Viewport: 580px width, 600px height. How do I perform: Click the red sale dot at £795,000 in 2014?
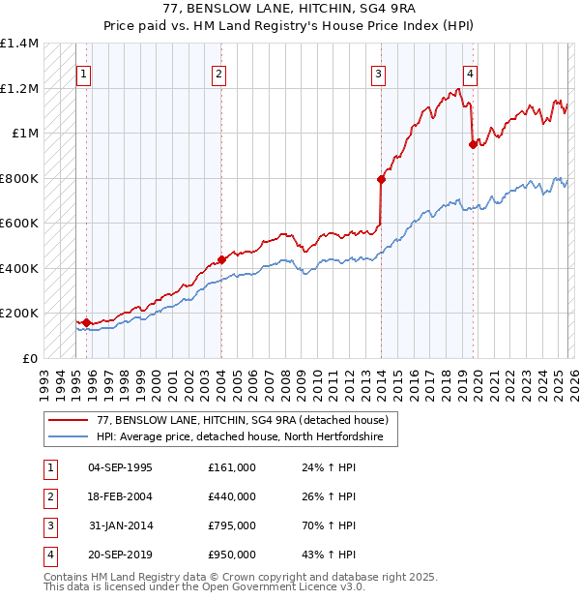381,179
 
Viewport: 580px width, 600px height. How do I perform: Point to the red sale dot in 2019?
473,144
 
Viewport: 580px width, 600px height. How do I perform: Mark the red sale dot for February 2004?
221,259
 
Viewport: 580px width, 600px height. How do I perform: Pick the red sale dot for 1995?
86,322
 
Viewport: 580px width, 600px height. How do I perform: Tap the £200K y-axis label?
19,314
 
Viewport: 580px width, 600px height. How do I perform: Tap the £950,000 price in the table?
232,555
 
